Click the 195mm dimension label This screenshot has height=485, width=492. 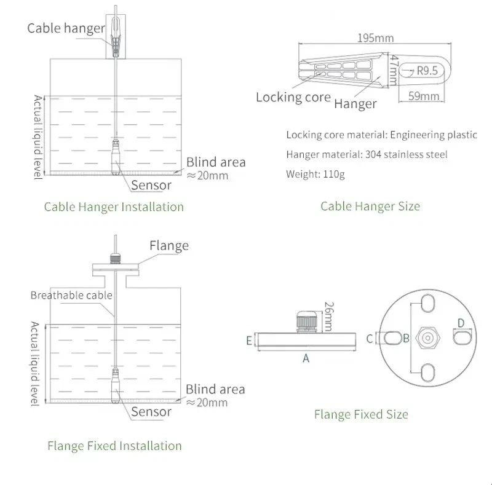(x=375, y=38)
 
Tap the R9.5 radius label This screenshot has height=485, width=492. (x=427, y=71)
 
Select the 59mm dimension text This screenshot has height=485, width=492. (x=424, y=96)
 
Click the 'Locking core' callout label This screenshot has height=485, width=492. (x=293, y=97)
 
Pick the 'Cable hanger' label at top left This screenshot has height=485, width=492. (x=66, y=29)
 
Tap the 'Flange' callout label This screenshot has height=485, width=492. (x=169, y=246)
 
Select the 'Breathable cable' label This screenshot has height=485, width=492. (x=71, y=295)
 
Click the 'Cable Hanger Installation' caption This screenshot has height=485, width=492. (x=114, y=207)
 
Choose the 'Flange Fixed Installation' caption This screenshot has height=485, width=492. (x=114, y=446)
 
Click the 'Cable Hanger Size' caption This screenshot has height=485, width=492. (x=370, y=206)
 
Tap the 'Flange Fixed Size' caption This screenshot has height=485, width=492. (x=360, y=414)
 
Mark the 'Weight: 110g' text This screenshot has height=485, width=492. (x=315, y=174)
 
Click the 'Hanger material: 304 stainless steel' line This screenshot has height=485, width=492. (x=367, y=154)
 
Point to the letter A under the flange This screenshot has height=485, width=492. (x=306, y=358)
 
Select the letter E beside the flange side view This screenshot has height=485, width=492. (x=249, y=340)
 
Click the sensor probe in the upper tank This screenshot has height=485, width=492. (x=115, y=157)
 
